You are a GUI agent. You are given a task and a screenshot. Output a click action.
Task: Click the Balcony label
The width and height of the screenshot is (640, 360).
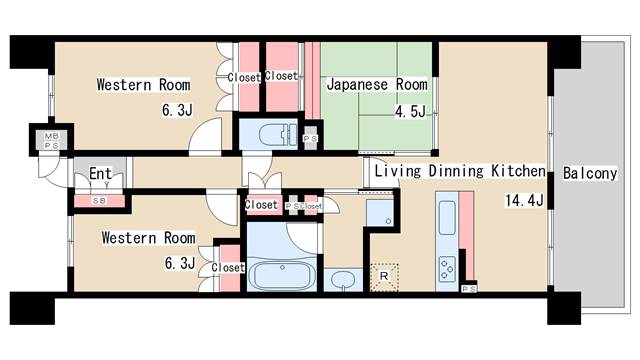coord(589,173)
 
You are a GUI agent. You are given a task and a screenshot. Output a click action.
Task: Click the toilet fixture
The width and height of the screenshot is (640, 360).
coord(274,134)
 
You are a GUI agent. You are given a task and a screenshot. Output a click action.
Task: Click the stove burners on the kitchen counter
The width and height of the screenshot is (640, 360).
coord(446,267)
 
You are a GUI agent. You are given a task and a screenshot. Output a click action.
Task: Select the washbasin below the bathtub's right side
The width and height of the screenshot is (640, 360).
coord(343,279)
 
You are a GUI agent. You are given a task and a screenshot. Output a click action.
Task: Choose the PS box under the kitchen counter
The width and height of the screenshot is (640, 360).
coord(470,289)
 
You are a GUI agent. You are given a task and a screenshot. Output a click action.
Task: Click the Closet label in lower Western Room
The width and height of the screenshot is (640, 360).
coord(228,267)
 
